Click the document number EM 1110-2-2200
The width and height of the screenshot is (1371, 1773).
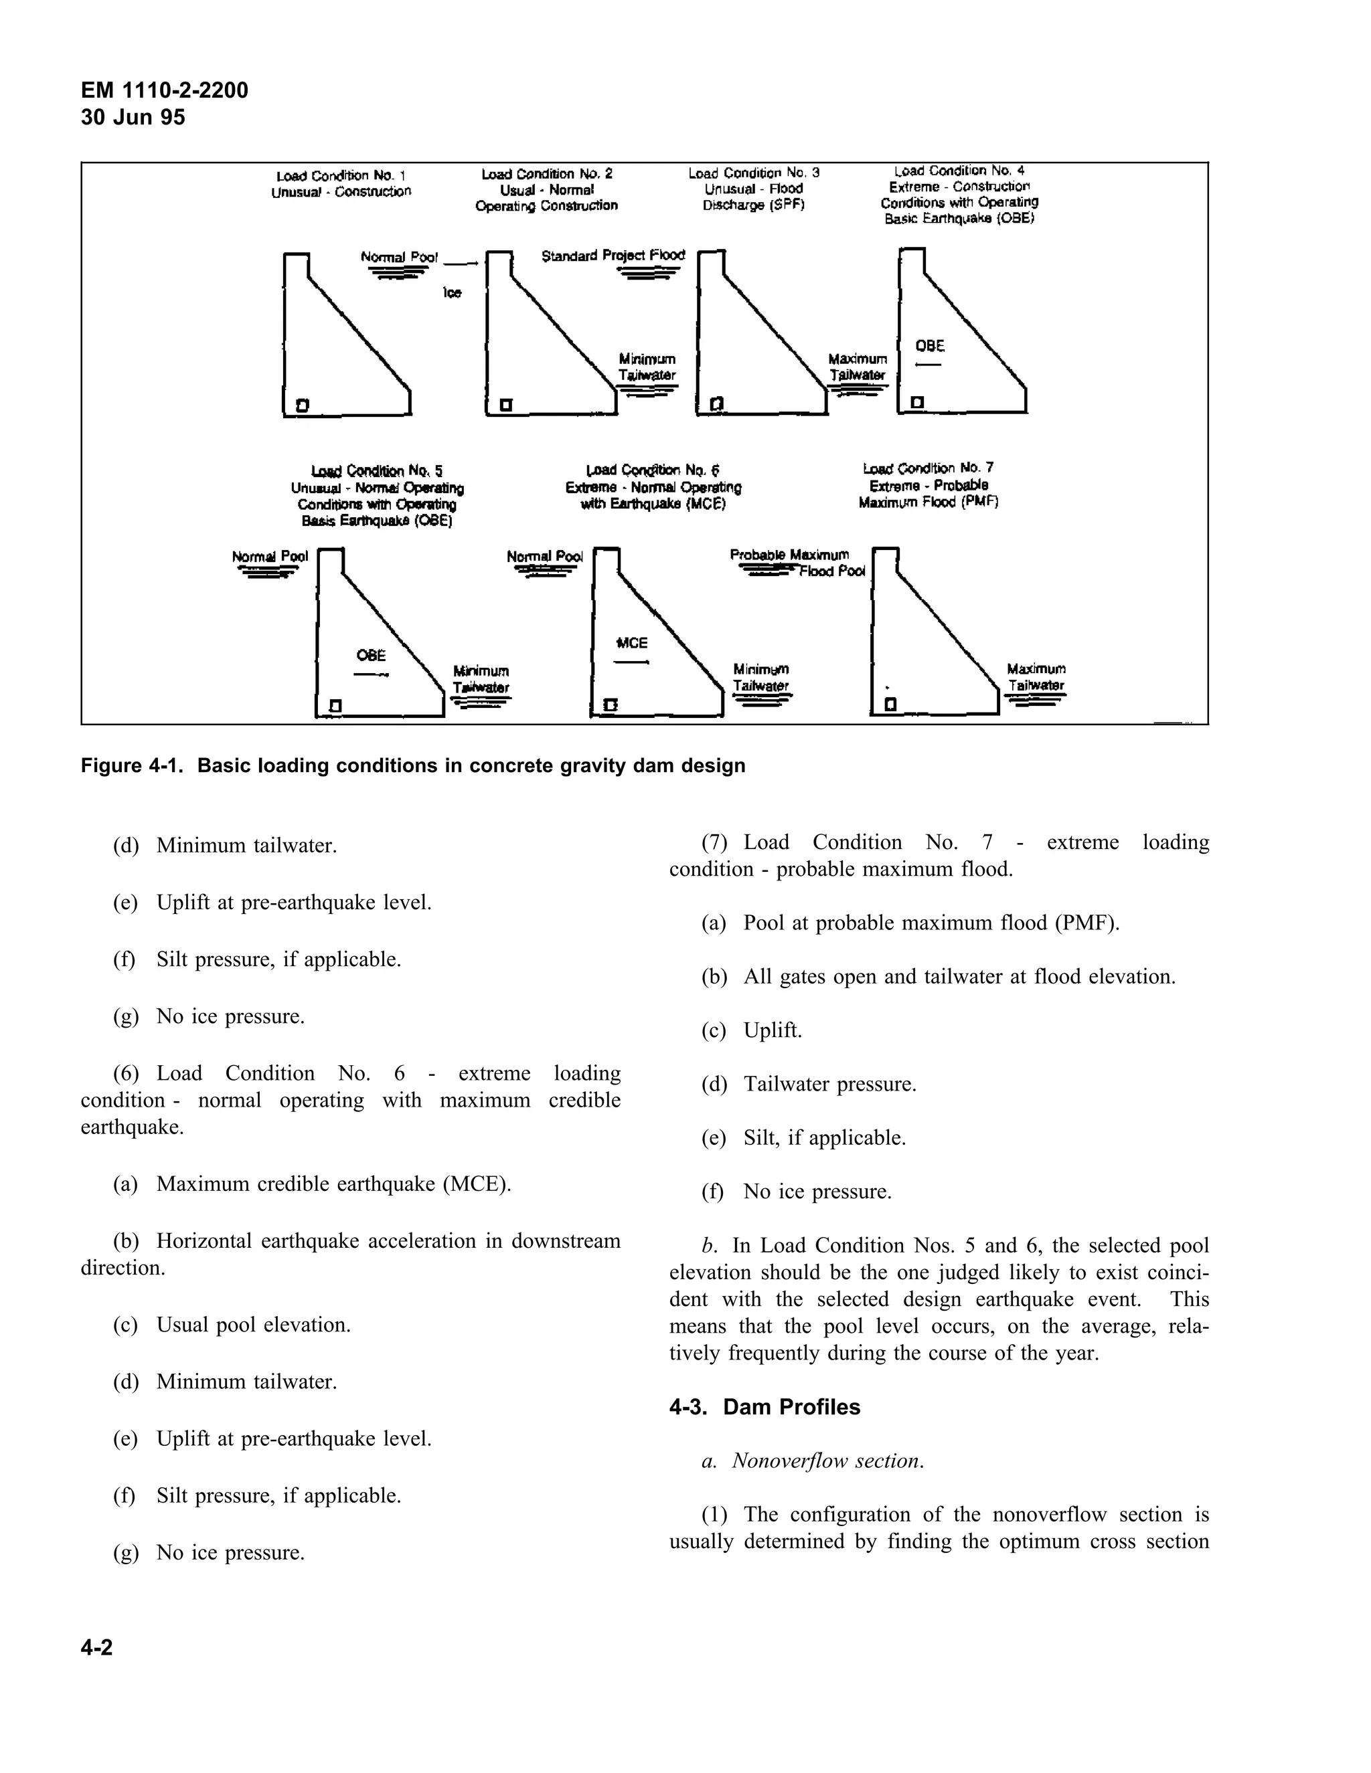click(x=164, y=90)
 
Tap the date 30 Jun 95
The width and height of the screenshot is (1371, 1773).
click(x=133, y=118)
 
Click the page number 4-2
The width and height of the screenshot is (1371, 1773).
click(x=96, y=1647)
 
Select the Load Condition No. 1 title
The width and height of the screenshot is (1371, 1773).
click(x=341, y=175)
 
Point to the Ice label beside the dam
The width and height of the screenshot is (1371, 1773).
click(x=452, y=292)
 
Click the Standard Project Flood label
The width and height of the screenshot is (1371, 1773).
click(x=613, y=256)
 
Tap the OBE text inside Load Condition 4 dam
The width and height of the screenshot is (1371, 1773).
click(x=930, y=346)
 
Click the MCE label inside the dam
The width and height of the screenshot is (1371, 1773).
click(x=632, y=643)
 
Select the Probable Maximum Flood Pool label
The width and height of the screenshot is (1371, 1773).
click(x=796, y=563)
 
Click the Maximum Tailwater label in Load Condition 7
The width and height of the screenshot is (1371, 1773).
click(x=1036, y=677)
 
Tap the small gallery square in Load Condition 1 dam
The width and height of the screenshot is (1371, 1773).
click(x=302, y=404)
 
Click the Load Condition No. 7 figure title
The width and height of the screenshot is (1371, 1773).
click(x=929, y=468)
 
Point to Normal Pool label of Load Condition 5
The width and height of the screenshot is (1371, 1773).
click(x=270, y=556)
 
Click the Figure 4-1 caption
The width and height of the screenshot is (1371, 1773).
click(x=412, y=765)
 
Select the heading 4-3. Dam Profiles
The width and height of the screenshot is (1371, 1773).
click(x=764, y=1407)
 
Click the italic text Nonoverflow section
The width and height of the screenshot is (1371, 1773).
click(x=827, y=1461)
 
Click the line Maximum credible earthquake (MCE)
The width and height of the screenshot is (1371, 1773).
click(x=333, y=1184)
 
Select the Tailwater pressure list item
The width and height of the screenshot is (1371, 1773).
click(x=829, y=1084)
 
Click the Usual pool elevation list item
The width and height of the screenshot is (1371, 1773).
click(x=254, y=1325)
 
